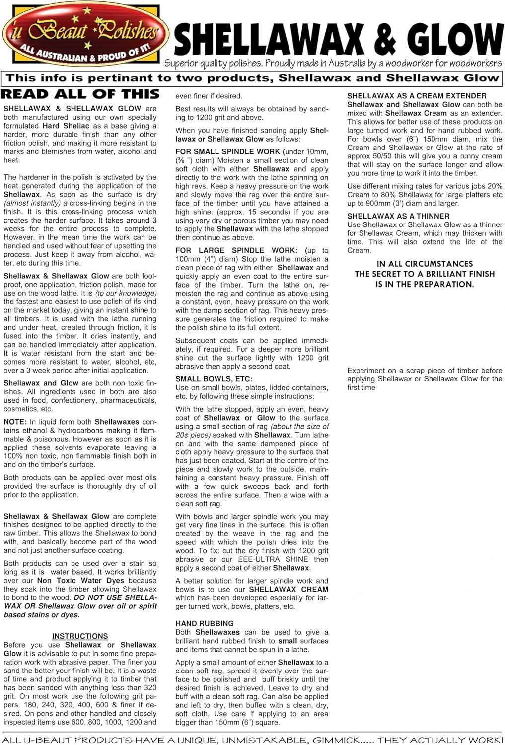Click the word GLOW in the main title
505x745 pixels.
tap(446, 40)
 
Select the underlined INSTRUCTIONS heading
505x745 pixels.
tap(80, 636)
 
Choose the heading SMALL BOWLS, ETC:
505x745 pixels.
tap(214, 379)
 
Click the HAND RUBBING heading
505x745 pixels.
tap(205, 623)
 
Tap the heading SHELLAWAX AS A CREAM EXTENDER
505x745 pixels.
tap(417, 96)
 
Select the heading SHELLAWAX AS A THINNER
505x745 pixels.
tap(398, 216)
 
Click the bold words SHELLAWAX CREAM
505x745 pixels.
tap(289, 589)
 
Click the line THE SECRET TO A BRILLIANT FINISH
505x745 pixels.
tap(425, 274)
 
